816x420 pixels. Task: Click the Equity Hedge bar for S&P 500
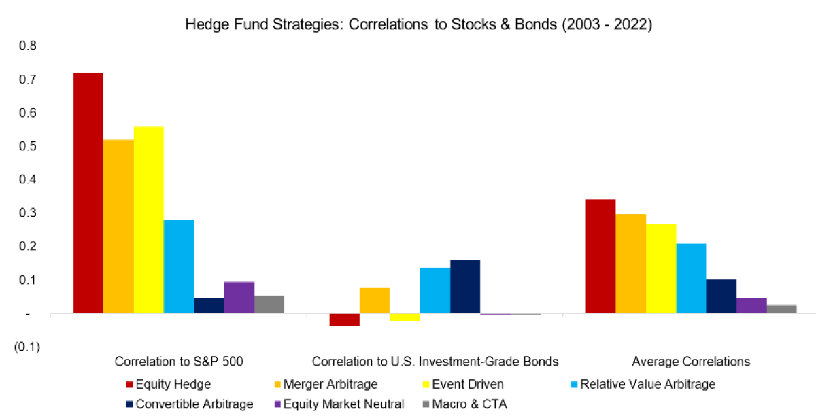coord(88,193)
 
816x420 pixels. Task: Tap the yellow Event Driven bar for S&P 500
coord(148,220)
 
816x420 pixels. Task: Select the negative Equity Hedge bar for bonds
coord(345,319)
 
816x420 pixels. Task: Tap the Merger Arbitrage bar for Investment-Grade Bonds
coord(375,300)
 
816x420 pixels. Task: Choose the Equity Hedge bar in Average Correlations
coord(600,256)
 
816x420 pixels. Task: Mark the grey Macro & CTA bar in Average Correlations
coord(781,309)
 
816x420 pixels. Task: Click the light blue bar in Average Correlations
coord(691,278)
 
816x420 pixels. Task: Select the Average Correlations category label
coord(691,362)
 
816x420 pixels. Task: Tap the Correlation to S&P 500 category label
coord(179,362)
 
